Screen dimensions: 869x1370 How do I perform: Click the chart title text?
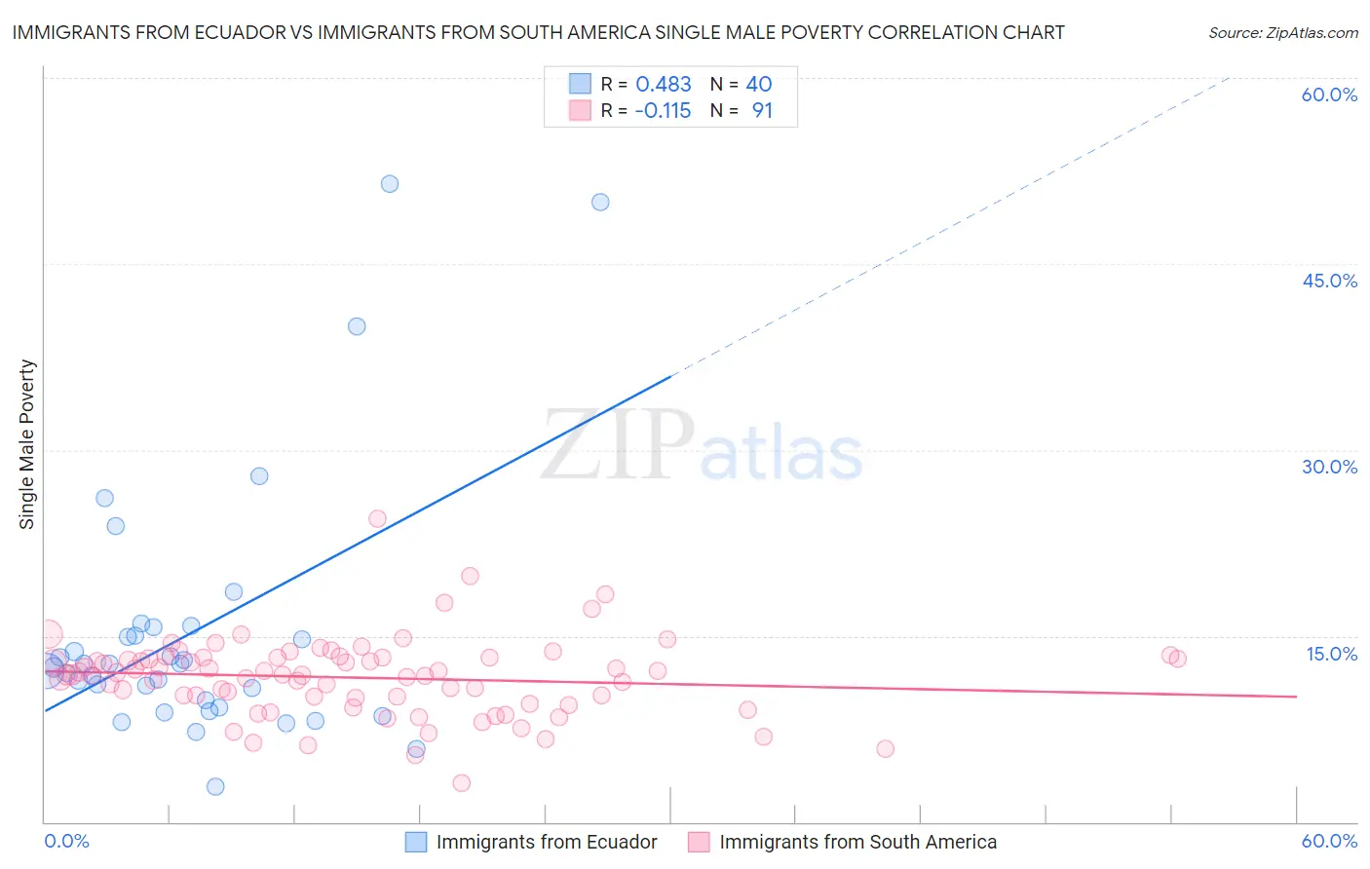point(538,32)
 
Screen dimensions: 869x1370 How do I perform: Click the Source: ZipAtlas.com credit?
point(1282,32)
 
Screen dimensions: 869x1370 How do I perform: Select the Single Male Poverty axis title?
point(27,444)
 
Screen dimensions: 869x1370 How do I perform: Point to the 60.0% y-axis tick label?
point(1329,94)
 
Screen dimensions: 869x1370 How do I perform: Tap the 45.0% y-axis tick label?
point(1329,281)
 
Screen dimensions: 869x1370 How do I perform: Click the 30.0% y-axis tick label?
point(1329,467)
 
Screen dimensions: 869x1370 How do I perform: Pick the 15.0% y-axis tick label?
point(1331,654)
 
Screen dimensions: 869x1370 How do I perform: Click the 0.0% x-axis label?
point(66,841)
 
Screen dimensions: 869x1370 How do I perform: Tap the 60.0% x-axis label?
point(1329,841)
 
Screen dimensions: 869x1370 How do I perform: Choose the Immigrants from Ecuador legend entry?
point(532,842)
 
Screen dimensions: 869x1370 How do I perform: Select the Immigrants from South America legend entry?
point(843,842)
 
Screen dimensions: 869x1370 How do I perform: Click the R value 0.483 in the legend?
point(663,85)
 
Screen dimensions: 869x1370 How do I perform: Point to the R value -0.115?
point(663,111)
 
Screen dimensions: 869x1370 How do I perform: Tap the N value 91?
point(762,111)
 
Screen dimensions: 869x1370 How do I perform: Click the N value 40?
point(758,85)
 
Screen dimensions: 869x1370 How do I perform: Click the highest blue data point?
point(390,184)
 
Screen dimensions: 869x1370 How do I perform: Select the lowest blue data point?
point(215,786)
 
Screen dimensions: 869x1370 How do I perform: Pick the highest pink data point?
point(377,518)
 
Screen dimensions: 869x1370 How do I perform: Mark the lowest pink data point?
point(462,782)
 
